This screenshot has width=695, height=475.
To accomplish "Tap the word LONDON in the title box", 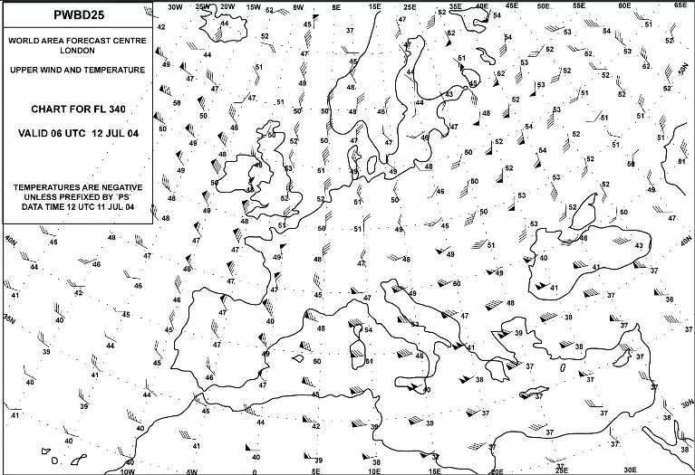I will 77,52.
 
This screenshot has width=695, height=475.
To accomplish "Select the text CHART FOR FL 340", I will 77,109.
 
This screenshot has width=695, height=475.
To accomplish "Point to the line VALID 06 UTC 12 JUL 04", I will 77,133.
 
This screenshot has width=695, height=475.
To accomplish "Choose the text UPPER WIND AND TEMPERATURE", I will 77,70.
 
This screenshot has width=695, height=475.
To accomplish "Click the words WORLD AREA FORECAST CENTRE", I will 77,42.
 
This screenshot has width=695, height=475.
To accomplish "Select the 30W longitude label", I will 176,5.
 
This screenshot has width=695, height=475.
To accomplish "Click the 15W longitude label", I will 254,5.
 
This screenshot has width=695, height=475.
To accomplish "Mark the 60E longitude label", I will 623,5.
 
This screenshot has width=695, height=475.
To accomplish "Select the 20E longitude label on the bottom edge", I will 497,470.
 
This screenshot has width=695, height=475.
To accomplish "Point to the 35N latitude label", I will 11,319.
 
